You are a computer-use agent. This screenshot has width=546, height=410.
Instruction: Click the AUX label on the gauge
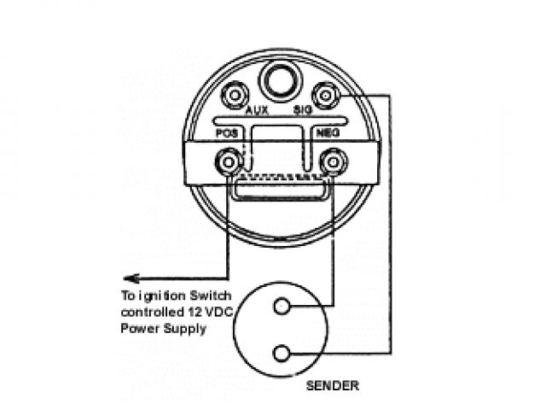pos(257,111)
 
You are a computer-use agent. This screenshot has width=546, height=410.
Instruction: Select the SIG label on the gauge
pos(303,111)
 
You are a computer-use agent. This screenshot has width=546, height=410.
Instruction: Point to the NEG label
pos(328,134)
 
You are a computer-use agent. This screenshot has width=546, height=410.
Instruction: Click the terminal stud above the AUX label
pos(233,94)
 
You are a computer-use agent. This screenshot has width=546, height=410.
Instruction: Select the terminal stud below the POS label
pos(228,161)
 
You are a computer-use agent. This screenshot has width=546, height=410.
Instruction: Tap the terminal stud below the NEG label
pos(331,161)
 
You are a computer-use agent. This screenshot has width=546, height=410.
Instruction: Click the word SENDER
pos(332,386)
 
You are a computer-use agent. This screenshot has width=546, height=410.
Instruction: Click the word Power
pos(142,328)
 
